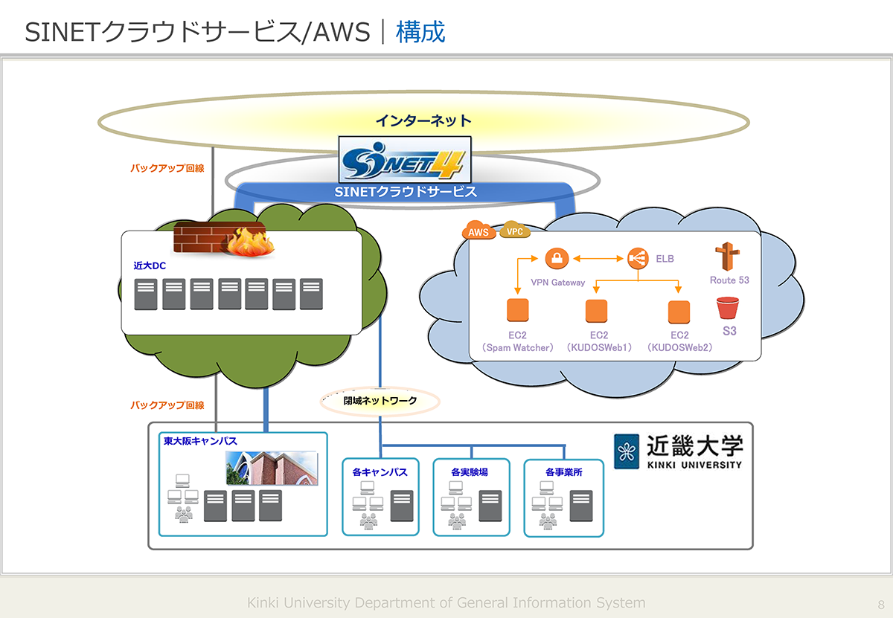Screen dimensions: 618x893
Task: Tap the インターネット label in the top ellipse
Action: (x=423, y=120)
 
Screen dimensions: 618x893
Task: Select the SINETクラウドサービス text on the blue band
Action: (x=406, y=192)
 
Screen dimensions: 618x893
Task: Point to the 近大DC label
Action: (x=149, y=264)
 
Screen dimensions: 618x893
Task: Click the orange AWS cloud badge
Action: (x=479, y=231)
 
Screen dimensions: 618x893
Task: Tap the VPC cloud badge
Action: (x=515, y=231)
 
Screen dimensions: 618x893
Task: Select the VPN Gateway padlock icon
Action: (x=556, y=259)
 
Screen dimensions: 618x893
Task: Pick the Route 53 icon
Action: (x=727, y=257)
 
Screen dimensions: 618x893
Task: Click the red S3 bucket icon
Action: (x=727, y=308)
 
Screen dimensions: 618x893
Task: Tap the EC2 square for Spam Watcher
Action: (x=516, y=310)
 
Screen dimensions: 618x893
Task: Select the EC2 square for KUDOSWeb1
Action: (x=597, y=311)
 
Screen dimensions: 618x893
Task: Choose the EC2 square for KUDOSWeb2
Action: (x=679, y=311)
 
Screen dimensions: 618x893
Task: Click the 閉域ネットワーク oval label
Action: (x=380, y=401)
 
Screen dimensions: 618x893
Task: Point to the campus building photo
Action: (x=272, y=469)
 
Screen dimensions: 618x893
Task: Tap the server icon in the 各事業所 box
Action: (x=581, y=506)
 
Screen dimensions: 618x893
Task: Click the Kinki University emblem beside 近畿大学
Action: (x=627, y=451)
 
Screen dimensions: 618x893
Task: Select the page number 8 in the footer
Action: (x=881, y=604)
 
